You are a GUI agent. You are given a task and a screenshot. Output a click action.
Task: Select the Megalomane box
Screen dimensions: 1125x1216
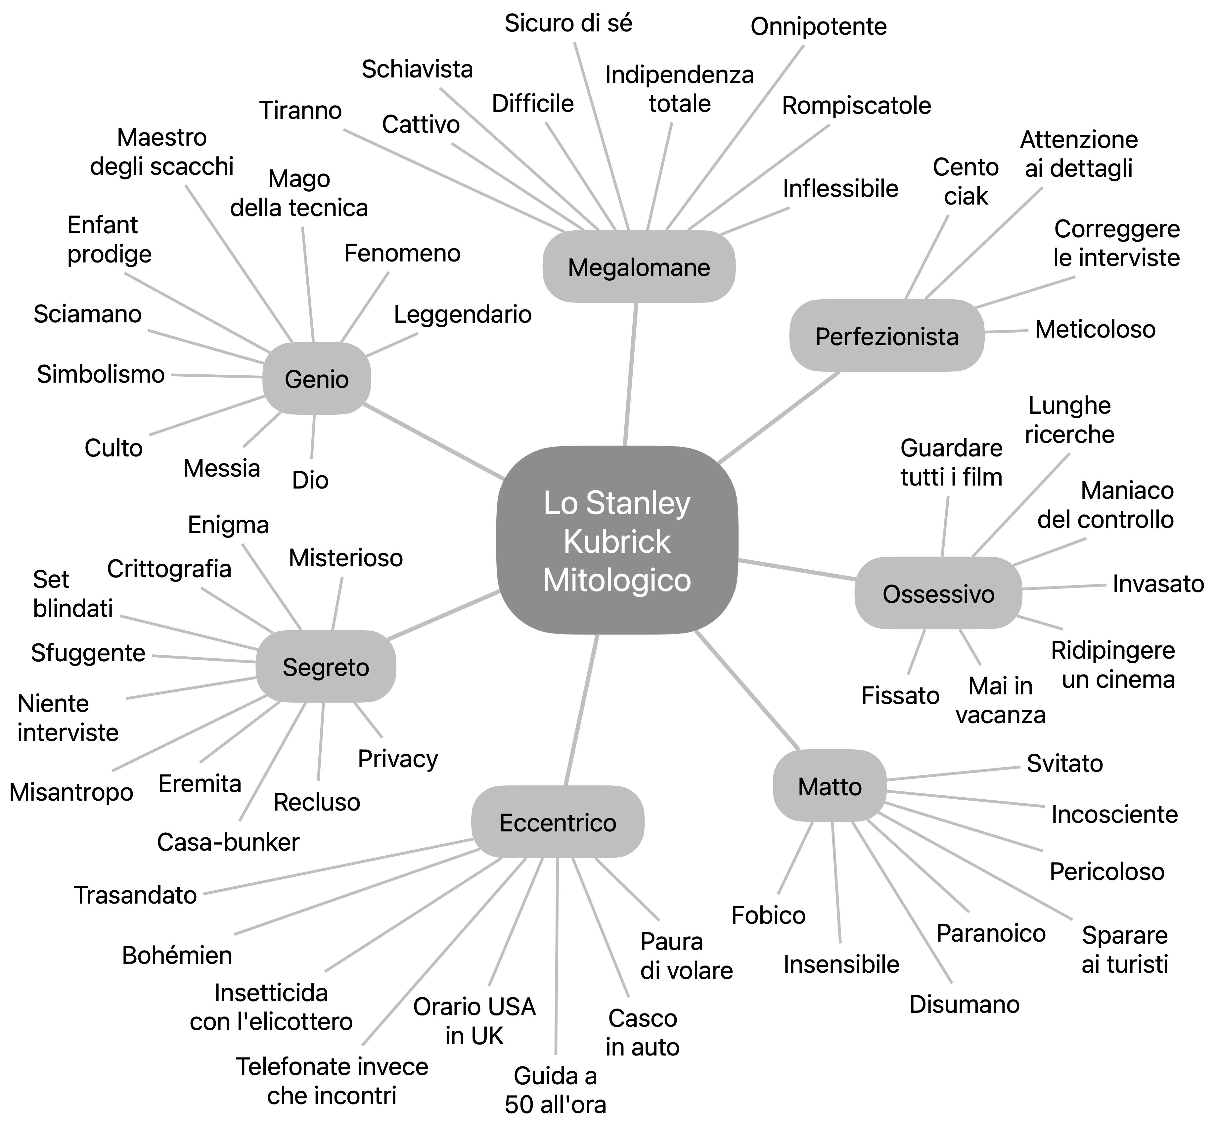point(638,267)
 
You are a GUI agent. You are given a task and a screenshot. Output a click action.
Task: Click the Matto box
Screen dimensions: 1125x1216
point(830,786)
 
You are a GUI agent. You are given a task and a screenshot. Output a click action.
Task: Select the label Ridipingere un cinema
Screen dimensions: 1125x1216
point(1113,665)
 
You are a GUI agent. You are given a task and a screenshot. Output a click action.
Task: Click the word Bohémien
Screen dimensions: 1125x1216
point(177,955)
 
